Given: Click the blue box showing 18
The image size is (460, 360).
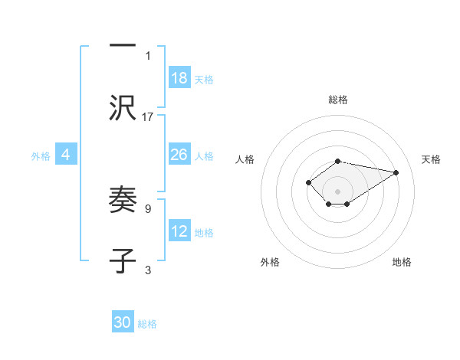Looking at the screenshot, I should (179, 77).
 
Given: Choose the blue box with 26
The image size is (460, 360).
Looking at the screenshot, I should (179, 155).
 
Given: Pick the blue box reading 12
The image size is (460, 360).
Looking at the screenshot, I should (179, 231).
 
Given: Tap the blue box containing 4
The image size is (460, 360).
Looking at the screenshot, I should (66, 155).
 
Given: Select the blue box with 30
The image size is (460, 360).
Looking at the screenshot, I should (123, 322).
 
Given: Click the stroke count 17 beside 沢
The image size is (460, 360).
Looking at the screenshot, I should (148, 117).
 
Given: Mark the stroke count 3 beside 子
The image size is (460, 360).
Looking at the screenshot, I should (148, 270).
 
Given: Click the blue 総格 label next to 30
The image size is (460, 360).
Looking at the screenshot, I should (147, 324).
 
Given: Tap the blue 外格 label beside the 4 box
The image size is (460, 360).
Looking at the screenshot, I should (41, 156).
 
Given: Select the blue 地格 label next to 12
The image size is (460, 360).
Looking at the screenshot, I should (204, 233).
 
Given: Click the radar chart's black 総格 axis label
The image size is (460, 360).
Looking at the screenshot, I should (337, 100).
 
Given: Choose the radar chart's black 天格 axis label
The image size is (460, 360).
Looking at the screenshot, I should (432, 159).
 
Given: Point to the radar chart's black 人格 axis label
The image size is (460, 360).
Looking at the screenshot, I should (245, 159).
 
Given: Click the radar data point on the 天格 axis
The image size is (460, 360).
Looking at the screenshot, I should (396, 172).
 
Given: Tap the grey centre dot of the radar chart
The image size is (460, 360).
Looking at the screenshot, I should (337, 191).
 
